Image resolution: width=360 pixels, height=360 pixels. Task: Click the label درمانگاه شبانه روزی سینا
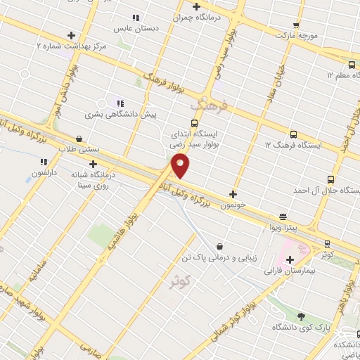tap(90, 179)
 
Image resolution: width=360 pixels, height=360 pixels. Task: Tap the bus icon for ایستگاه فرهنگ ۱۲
tap(294, 134)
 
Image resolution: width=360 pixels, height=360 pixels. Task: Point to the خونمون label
tap(232, 205)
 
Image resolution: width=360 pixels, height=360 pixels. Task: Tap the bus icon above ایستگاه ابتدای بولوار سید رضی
tap(195, 122)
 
